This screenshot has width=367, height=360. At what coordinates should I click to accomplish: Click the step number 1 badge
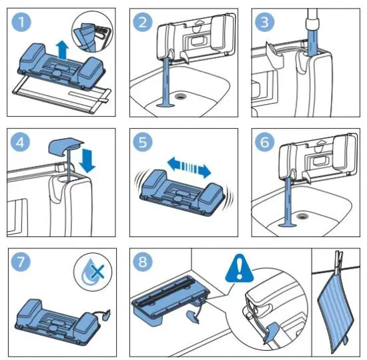(x=21, y=22)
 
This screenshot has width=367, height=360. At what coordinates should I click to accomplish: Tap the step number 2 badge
(x=143, y=22)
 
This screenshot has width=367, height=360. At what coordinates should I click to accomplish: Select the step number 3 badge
(x=264, y=22)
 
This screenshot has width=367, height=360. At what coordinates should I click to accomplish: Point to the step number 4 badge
(x=21, y=142)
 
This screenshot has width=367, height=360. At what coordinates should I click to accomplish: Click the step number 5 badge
(x=143, y=142)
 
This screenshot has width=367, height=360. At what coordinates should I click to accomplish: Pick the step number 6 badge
(x=264, y=142)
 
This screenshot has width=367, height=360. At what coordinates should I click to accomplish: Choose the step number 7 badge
(x=21, y=262)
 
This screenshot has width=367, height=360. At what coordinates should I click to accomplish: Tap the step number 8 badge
(x=143, y=262)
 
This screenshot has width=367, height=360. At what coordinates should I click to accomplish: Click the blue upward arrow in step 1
(x=63, y=49)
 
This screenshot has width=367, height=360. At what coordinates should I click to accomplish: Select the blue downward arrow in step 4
(x=87, y=161)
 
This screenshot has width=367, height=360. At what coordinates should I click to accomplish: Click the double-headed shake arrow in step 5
(x=190, y=168)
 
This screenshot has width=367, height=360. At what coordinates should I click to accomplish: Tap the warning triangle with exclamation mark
(x=239, y=268)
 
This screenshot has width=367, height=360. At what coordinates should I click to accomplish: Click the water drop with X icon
(x=93, y=272)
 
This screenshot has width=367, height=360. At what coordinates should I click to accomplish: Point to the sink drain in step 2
(x=180, y=96)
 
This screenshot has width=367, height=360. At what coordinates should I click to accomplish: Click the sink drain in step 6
(x=301, y=216)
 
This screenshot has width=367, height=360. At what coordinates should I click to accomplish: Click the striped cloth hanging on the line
(x=335, y=314)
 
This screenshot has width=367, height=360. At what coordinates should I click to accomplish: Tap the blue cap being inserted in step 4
(x=65, y=147)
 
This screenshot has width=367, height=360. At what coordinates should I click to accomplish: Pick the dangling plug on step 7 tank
(x=106, y=315)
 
